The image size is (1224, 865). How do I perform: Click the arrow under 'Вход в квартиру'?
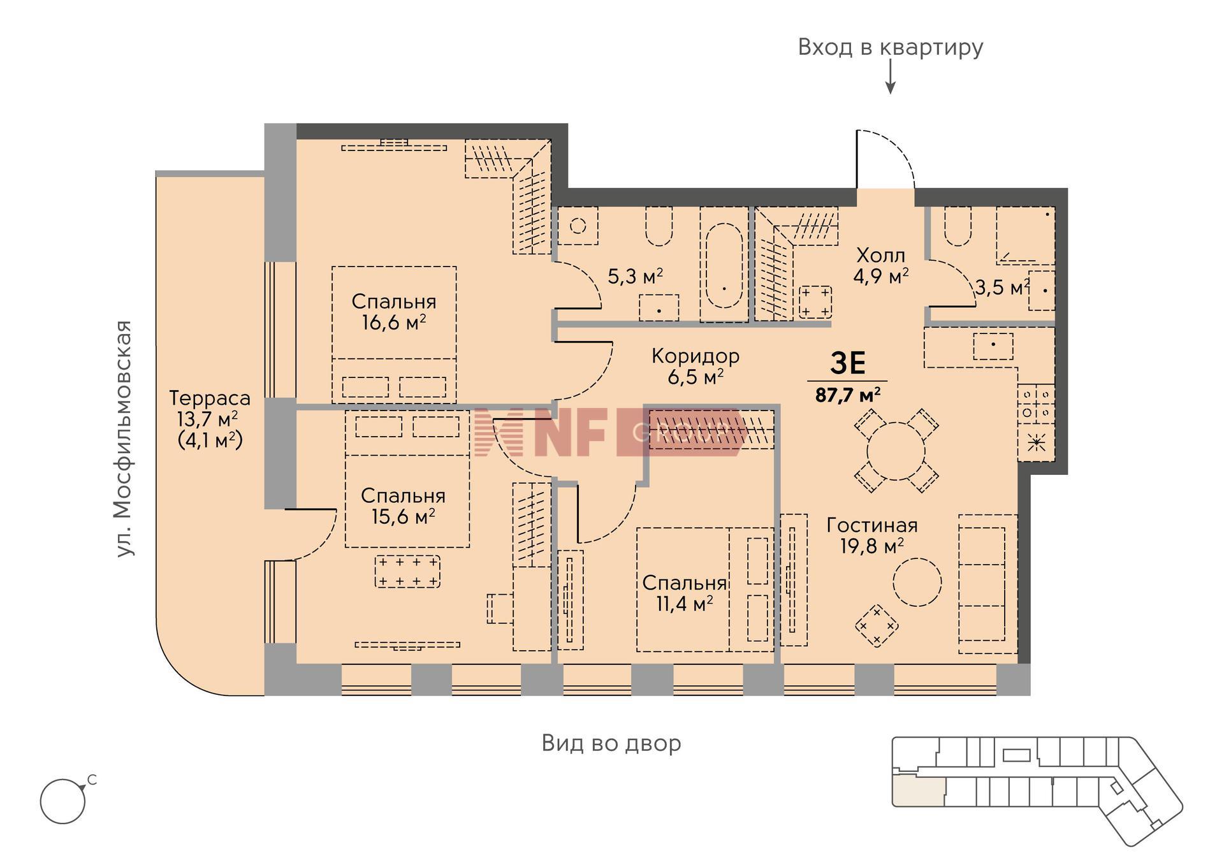coord(891,77)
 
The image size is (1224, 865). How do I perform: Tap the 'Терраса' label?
coord(210,398)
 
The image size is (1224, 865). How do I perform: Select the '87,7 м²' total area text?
coord(848,395)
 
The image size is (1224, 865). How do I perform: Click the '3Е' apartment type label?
coord(848,363)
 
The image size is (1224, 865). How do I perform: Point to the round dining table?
coord(896,451)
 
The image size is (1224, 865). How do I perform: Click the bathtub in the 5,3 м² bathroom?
coord(724,265)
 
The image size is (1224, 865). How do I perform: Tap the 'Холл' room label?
coord(881,256)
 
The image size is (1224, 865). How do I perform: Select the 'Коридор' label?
coord(696,356)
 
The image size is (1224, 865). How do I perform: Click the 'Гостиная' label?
coord(872,525)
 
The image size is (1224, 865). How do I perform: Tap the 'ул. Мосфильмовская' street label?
coord(124,439)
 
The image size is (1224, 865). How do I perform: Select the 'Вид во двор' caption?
coord(611,743)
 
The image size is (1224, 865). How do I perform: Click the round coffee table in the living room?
coord(917,582)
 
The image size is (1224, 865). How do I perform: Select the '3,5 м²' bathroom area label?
coord(1002,287)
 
